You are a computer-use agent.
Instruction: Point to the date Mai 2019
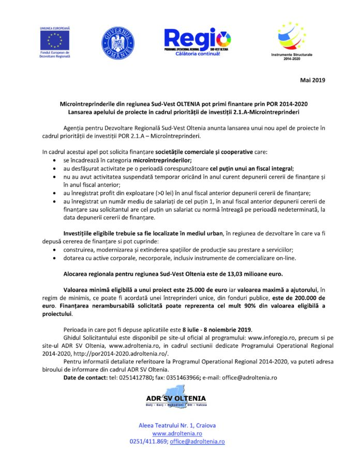tap(314, 80)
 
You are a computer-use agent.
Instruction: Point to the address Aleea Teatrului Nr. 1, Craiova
tap(177, 425)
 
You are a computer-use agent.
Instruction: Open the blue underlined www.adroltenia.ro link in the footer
tap(177, 433)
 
